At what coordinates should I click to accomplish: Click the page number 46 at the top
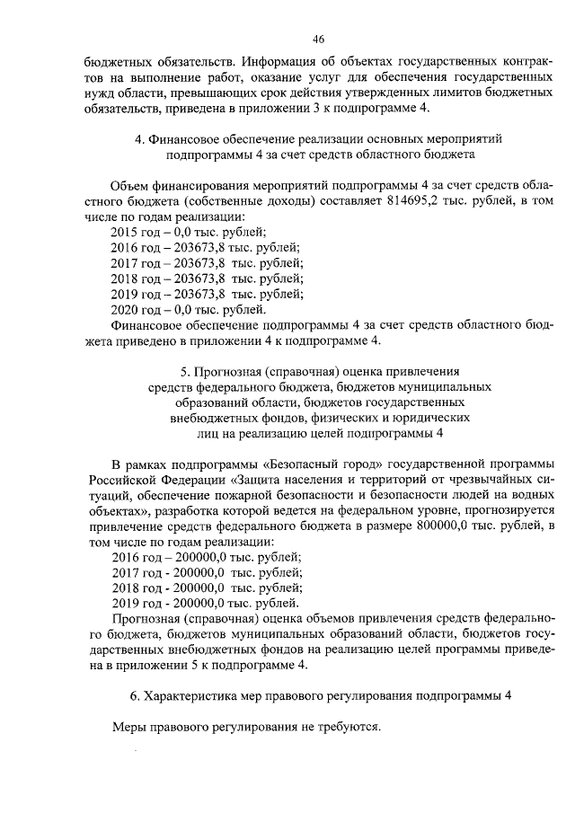pyautogui.click(x=318, y=39)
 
